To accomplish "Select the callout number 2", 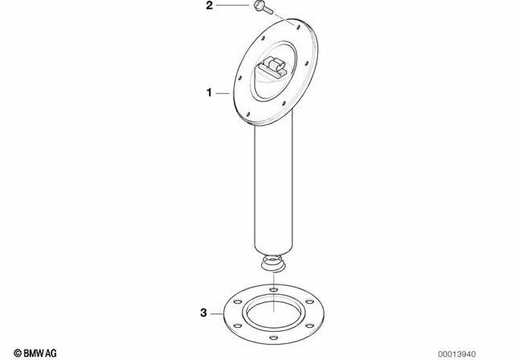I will tap(209, 6).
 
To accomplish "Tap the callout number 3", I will tap(203, 312).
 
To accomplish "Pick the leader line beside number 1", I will tap(222, 94).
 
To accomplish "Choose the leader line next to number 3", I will tap(217, 312).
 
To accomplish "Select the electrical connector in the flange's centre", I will tap(275, 68).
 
